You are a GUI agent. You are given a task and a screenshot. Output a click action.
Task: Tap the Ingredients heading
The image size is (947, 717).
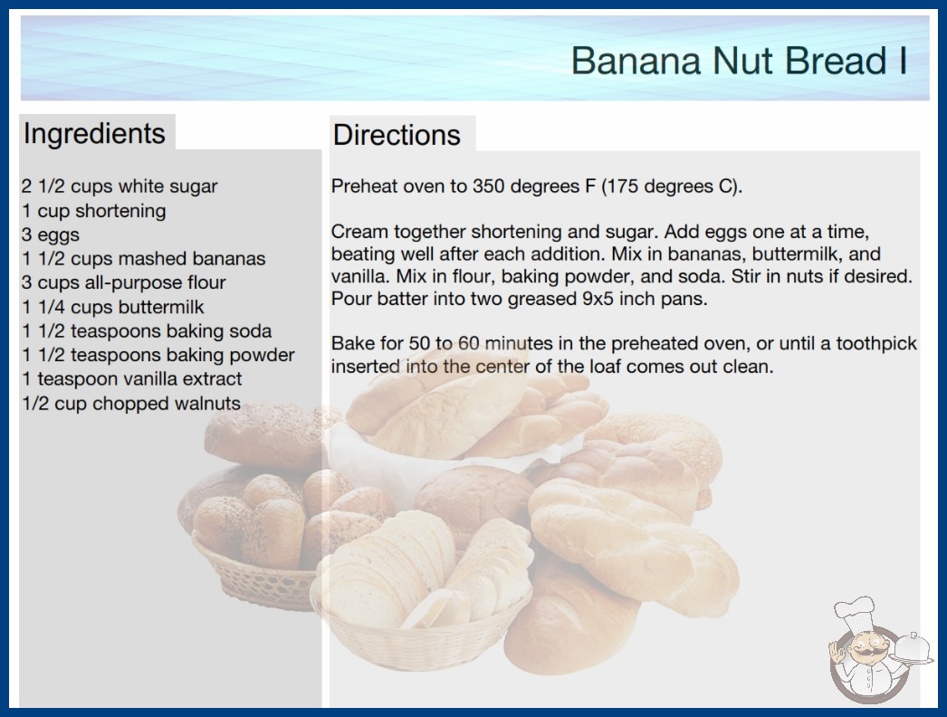tap(94, 134)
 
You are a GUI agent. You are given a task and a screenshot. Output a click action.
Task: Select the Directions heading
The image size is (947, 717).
tap(397, 135)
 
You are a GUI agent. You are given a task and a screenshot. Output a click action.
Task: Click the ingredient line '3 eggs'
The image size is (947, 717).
tap(51, 234)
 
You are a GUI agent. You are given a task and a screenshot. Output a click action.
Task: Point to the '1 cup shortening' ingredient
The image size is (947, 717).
tap(93, 211)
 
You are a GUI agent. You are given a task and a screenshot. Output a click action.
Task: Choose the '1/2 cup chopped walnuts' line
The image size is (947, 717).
tap(131, 404)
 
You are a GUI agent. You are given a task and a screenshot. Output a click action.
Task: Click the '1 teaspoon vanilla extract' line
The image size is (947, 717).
tap(131, 378)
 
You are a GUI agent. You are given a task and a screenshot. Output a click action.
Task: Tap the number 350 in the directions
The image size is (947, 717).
tap(491, 186)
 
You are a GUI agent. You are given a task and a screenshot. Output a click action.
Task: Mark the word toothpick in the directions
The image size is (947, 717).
tap(876, 344)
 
